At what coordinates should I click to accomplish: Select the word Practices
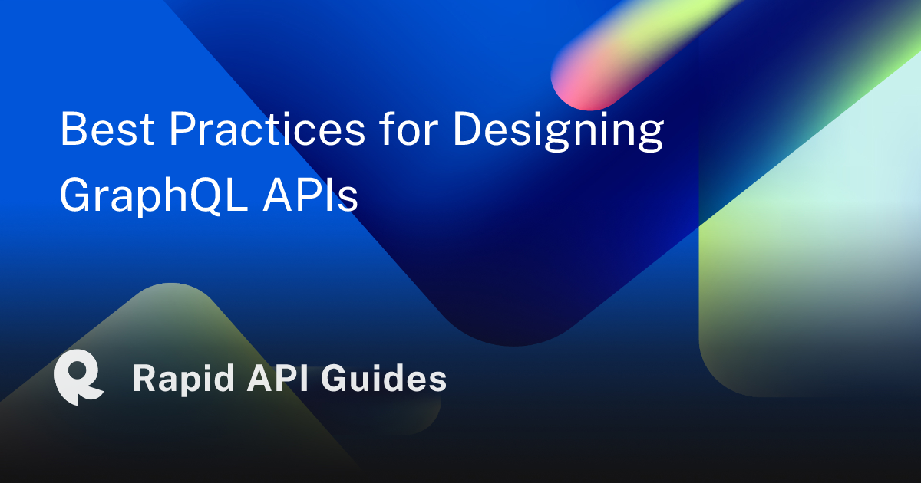tap(266, 130)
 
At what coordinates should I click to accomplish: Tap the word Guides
tap(384, 379)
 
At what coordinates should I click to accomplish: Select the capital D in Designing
tap(467, 130)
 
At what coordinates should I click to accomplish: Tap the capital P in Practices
tap(182, 130)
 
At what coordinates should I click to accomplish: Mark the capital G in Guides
tap(338, 379)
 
